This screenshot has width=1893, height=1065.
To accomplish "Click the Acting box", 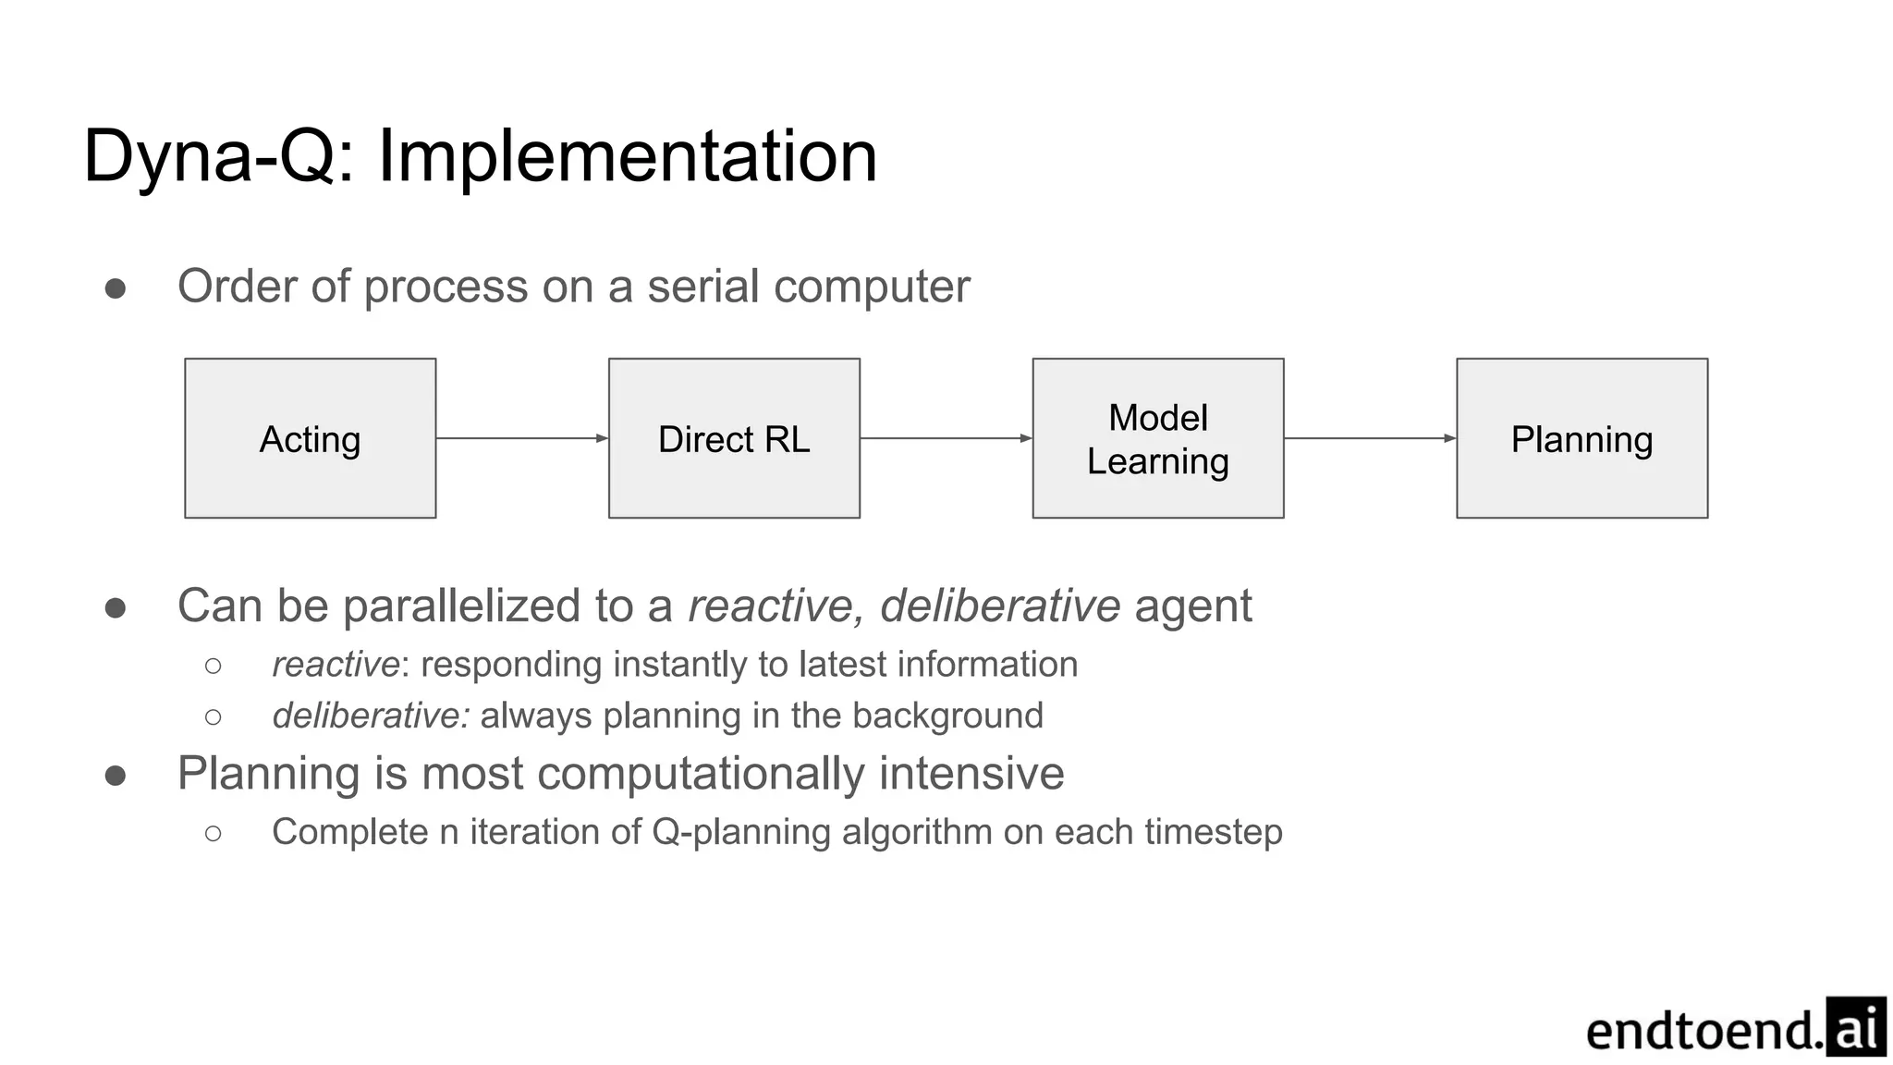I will [x=310, y=438].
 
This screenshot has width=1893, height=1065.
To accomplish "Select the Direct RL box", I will [x=734, y=438].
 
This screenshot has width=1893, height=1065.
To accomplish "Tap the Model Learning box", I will [x=1157, y=438].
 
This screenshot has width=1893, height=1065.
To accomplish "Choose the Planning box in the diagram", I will [x=1582, y=438].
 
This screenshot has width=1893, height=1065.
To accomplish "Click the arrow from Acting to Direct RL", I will [x=521, y=438].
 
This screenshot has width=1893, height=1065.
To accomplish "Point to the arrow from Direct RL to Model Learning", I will [x=946, y=438].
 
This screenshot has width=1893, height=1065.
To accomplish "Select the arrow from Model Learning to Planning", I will [x=1370, y=438].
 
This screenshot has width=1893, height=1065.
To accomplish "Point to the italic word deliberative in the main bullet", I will [x=1000, y=606].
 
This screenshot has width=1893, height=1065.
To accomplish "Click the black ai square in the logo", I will [x=1855, y=1026].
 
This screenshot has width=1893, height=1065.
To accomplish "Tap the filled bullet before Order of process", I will [x=116, y=288].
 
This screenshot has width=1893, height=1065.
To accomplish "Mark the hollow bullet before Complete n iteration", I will [x=214, y=833].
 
